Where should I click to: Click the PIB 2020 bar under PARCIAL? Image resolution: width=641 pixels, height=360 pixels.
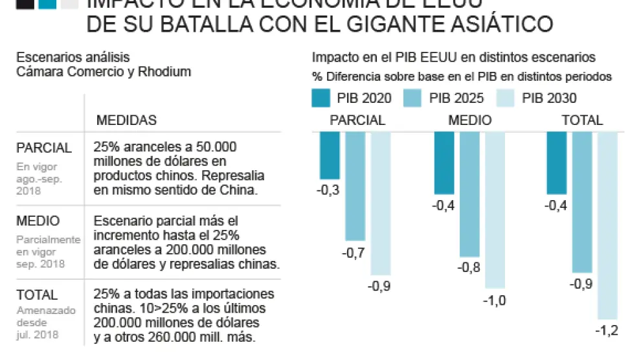point(330,155)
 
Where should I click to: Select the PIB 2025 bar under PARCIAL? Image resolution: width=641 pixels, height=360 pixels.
point(355,186)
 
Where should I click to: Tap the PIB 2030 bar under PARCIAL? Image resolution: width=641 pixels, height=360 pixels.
point(380,203)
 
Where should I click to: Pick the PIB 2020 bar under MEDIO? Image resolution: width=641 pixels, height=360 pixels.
point(444,163)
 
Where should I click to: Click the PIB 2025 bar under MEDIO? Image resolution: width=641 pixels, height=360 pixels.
point(469,194)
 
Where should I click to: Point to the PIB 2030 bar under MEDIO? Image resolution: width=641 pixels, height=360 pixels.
point(495,209)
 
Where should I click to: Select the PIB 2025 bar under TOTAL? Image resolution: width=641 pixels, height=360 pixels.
point(582,201)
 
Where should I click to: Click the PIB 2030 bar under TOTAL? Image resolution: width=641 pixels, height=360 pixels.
point(607,225)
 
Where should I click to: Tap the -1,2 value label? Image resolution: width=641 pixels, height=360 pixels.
point(607,331)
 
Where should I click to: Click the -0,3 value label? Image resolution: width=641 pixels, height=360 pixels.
point(328,190)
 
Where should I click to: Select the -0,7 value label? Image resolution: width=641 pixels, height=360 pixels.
point(354,253)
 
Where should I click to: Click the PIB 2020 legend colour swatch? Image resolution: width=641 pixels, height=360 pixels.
point(321,98)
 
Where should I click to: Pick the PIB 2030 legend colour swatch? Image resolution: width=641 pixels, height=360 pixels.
point(506,98)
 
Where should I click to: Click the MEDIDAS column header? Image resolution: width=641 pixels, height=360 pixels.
point(126,120)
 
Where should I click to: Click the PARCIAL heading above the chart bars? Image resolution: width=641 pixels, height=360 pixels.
point(357,120)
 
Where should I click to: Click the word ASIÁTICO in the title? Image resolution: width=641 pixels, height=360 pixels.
point(500,25)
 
